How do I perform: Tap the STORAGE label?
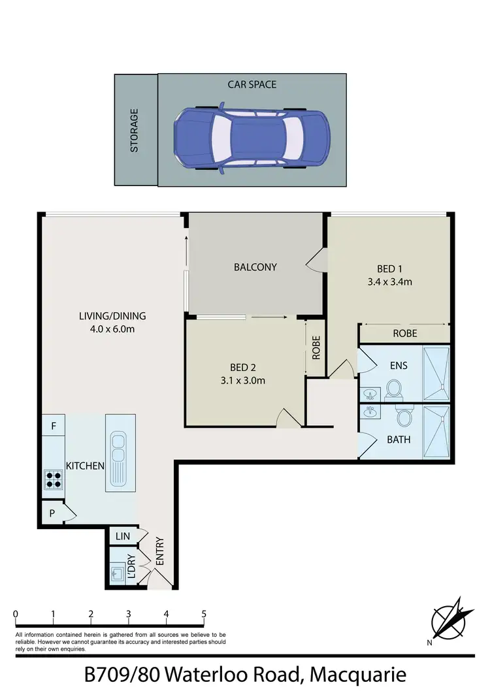134,130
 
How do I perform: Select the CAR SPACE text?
252,84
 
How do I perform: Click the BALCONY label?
255,266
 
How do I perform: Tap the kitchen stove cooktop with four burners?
53,479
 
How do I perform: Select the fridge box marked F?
53,426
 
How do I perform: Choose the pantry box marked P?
52,514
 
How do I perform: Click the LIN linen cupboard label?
122,536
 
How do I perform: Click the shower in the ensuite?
436,373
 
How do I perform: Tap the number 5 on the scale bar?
204,614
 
